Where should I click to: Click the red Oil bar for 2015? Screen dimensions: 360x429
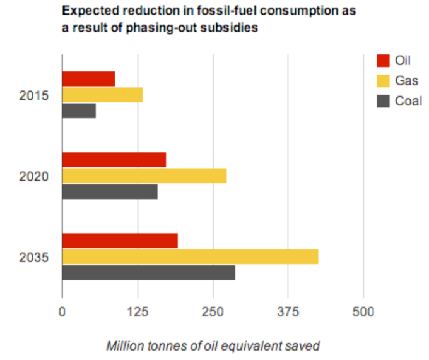click(88, 79)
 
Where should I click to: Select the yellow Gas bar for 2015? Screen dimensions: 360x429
click(102, 95)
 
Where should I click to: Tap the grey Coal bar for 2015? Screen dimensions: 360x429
click(79, 111)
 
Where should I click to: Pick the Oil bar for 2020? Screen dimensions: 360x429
click(114, 160)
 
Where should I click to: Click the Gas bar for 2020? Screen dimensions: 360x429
click(144, 176)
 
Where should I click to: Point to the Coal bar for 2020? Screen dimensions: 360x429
click(109, 191)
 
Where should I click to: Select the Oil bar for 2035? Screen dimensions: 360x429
click(119, 241)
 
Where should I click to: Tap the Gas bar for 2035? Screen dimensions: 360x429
click(189, 256)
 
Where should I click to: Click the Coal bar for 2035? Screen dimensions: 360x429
click(148, 272)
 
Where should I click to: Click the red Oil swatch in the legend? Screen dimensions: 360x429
click(383, 61)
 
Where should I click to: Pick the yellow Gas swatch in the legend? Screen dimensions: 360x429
click(383, 81)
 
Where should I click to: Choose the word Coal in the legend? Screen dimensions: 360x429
click(408, 101)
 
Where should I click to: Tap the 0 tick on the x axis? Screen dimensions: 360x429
click(62, 312)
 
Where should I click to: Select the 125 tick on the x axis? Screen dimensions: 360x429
click(138, 312)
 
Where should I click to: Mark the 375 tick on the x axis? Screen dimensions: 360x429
click(288, 312)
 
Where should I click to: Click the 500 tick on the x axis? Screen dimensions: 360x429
click(363, 312)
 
